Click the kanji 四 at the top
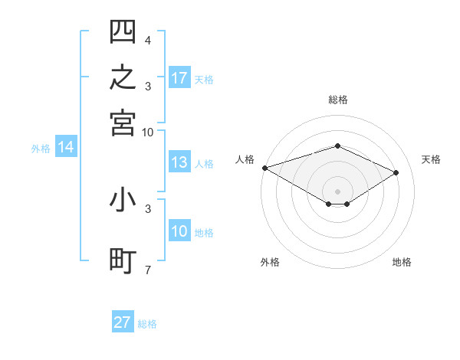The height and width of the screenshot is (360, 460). pos(123,31)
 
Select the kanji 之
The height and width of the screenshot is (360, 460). pos(123,77)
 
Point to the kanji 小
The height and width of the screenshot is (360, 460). pos(123,200)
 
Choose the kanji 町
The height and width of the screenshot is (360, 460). pos(123,261)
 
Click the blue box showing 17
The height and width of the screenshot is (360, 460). pos(179,77)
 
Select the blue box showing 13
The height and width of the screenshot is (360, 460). pos(179,162)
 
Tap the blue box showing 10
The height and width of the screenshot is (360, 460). pos(179,230)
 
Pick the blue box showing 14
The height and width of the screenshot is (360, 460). pos(66,146)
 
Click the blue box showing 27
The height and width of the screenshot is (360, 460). pos(123,321)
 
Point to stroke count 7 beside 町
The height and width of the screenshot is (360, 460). pos(148,270)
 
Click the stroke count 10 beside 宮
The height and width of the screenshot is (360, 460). pos(147,133)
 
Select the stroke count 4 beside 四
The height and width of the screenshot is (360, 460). pos(148,40)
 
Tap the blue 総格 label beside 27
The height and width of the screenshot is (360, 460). pos(147,324)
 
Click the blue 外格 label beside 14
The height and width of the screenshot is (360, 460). pos(41,149)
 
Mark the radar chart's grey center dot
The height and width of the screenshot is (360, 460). pos(337,191)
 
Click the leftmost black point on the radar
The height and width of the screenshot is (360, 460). pos(265,168)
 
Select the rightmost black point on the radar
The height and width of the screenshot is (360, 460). pos(396,172)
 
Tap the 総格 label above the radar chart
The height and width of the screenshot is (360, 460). pos(338,100)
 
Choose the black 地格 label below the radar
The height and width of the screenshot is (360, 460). pos(402,262)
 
